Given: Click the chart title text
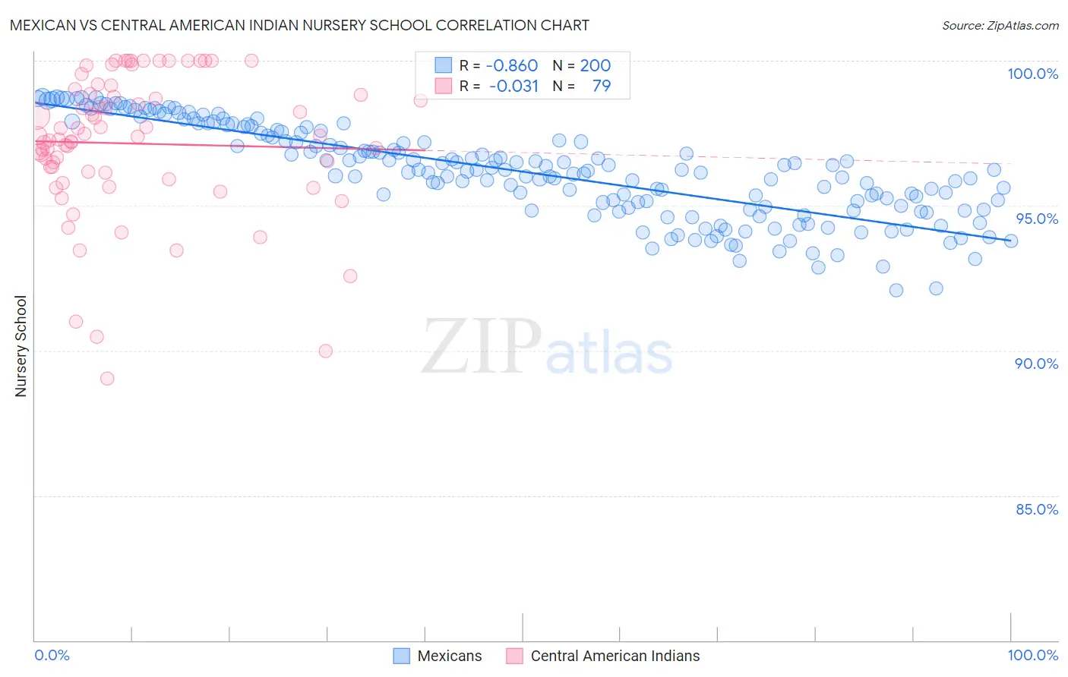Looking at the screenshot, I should click(x=299, y=25).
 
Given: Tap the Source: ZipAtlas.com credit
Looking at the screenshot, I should click(x=1000, y=26).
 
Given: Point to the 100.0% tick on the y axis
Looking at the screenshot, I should click(x=1032, y=74).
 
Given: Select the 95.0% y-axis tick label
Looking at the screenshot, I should click(x=1037, y=219).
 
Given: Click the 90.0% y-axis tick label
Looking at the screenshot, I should click(x=1036, y=364).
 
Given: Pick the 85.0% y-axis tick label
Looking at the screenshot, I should click(x=1037, y=509).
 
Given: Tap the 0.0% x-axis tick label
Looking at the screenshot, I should click(x=52, y=655).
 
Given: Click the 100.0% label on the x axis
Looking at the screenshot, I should click(x=1032, y=655).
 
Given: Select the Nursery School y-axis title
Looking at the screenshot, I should click(x=21, y=346).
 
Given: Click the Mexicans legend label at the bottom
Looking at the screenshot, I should click(x=450, y=656).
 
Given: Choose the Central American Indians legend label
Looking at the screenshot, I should click(x=615, y=656).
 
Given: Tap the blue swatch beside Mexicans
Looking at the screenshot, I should click(x=402, y=656).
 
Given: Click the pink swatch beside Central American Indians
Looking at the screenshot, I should click(x=515, y=656).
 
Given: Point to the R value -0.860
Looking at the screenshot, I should click(x=512, y=65).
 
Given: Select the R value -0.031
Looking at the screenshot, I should click(x=513, y=86).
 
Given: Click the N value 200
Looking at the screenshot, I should click(x=596, y=65).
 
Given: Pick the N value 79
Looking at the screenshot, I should click(x=601, y=86).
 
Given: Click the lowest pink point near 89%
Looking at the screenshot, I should click(x=107, y=378).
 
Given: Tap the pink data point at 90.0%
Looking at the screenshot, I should click(x=326, y=351).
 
